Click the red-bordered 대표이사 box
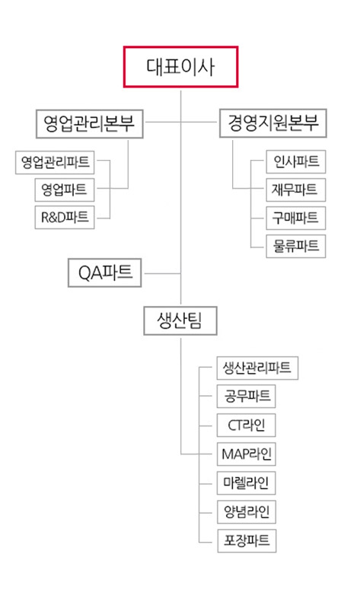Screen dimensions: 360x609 coord(180,67)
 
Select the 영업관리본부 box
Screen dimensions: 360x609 coord(90,124)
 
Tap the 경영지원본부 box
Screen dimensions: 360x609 coord(273,123)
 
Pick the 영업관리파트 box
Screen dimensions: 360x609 coord(55,162)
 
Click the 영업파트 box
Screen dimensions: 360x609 coord(65,190)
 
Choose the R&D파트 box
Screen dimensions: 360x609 coord(65,218)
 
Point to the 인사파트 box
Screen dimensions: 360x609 coord(296,161)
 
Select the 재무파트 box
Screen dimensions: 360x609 coord(296,190)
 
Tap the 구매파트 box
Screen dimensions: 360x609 coord(296,218)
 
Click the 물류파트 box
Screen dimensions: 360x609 coord(296,246)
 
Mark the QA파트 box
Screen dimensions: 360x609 coord(105,273)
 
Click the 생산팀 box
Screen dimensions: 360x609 coord(180,320)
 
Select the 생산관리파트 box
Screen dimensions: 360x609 coord(257,368)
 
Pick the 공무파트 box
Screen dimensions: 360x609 coord(246,396)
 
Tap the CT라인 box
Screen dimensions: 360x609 coord(246,426)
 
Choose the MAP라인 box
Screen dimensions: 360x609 coord(246,454)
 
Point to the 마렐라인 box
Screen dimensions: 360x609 coord(246,483)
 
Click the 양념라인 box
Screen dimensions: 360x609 coord(246,512)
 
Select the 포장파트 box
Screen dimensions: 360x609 coord(247,540)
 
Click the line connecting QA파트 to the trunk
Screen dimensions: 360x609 coord(163,274)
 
